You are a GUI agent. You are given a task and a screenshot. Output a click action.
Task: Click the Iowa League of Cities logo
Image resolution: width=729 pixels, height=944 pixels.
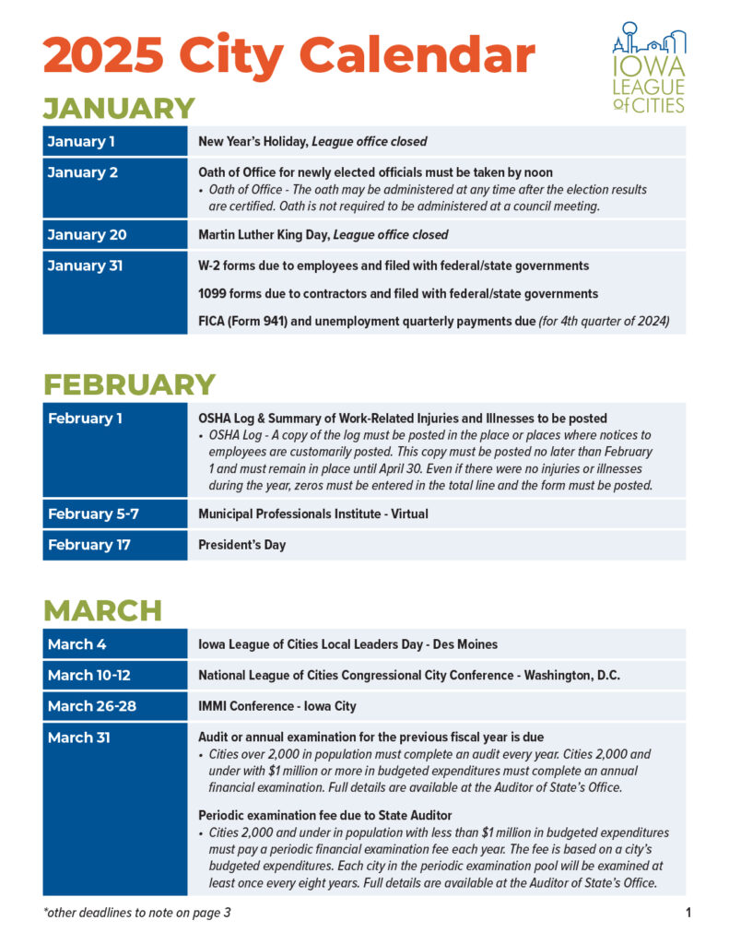[649, 67]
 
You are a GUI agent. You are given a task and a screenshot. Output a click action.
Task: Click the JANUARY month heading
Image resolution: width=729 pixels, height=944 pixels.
[119, 109]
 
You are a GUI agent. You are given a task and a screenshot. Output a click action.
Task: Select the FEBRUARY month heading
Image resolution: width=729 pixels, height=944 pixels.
[129, 384]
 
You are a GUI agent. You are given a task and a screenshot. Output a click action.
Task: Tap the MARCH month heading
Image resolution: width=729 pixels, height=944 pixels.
[102, 610]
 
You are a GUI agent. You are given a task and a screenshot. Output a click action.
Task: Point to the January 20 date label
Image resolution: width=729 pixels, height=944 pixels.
[87, 235]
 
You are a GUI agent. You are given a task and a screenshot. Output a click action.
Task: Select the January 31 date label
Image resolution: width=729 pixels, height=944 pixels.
[85, 266]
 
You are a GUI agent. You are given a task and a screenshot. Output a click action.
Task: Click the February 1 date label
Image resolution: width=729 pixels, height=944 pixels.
[85, 419]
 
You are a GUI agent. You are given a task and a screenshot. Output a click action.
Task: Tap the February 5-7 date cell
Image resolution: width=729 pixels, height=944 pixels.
[93, 513]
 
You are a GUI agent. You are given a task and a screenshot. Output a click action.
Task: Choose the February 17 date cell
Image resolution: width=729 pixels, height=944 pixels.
[88, 545]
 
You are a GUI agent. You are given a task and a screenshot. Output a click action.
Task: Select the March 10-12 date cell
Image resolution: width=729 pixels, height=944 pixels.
[89, 676]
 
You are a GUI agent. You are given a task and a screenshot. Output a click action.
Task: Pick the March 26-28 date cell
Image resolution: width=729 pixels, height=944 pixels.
[91, 707]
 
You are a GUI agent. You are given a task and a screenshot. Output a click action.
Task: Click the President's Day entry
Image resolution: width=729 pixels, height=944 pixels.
[241, 545]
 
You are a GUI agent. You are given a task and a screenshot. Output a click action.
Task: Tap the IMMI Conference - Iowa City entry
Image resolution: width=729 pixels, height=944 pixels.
[277, 707]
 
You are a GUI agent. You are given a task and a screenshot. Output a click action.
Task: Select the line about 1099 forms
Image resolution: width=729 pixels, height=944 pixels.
[398, 294]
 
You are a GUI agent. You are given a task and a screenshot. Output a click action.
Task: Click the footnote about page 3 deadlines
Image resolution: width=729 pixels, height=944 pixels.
[136, 914]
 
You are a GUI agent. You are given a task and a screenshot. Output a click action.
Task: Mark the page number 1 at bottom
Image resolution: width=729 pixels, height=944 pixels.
[688, 914]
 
